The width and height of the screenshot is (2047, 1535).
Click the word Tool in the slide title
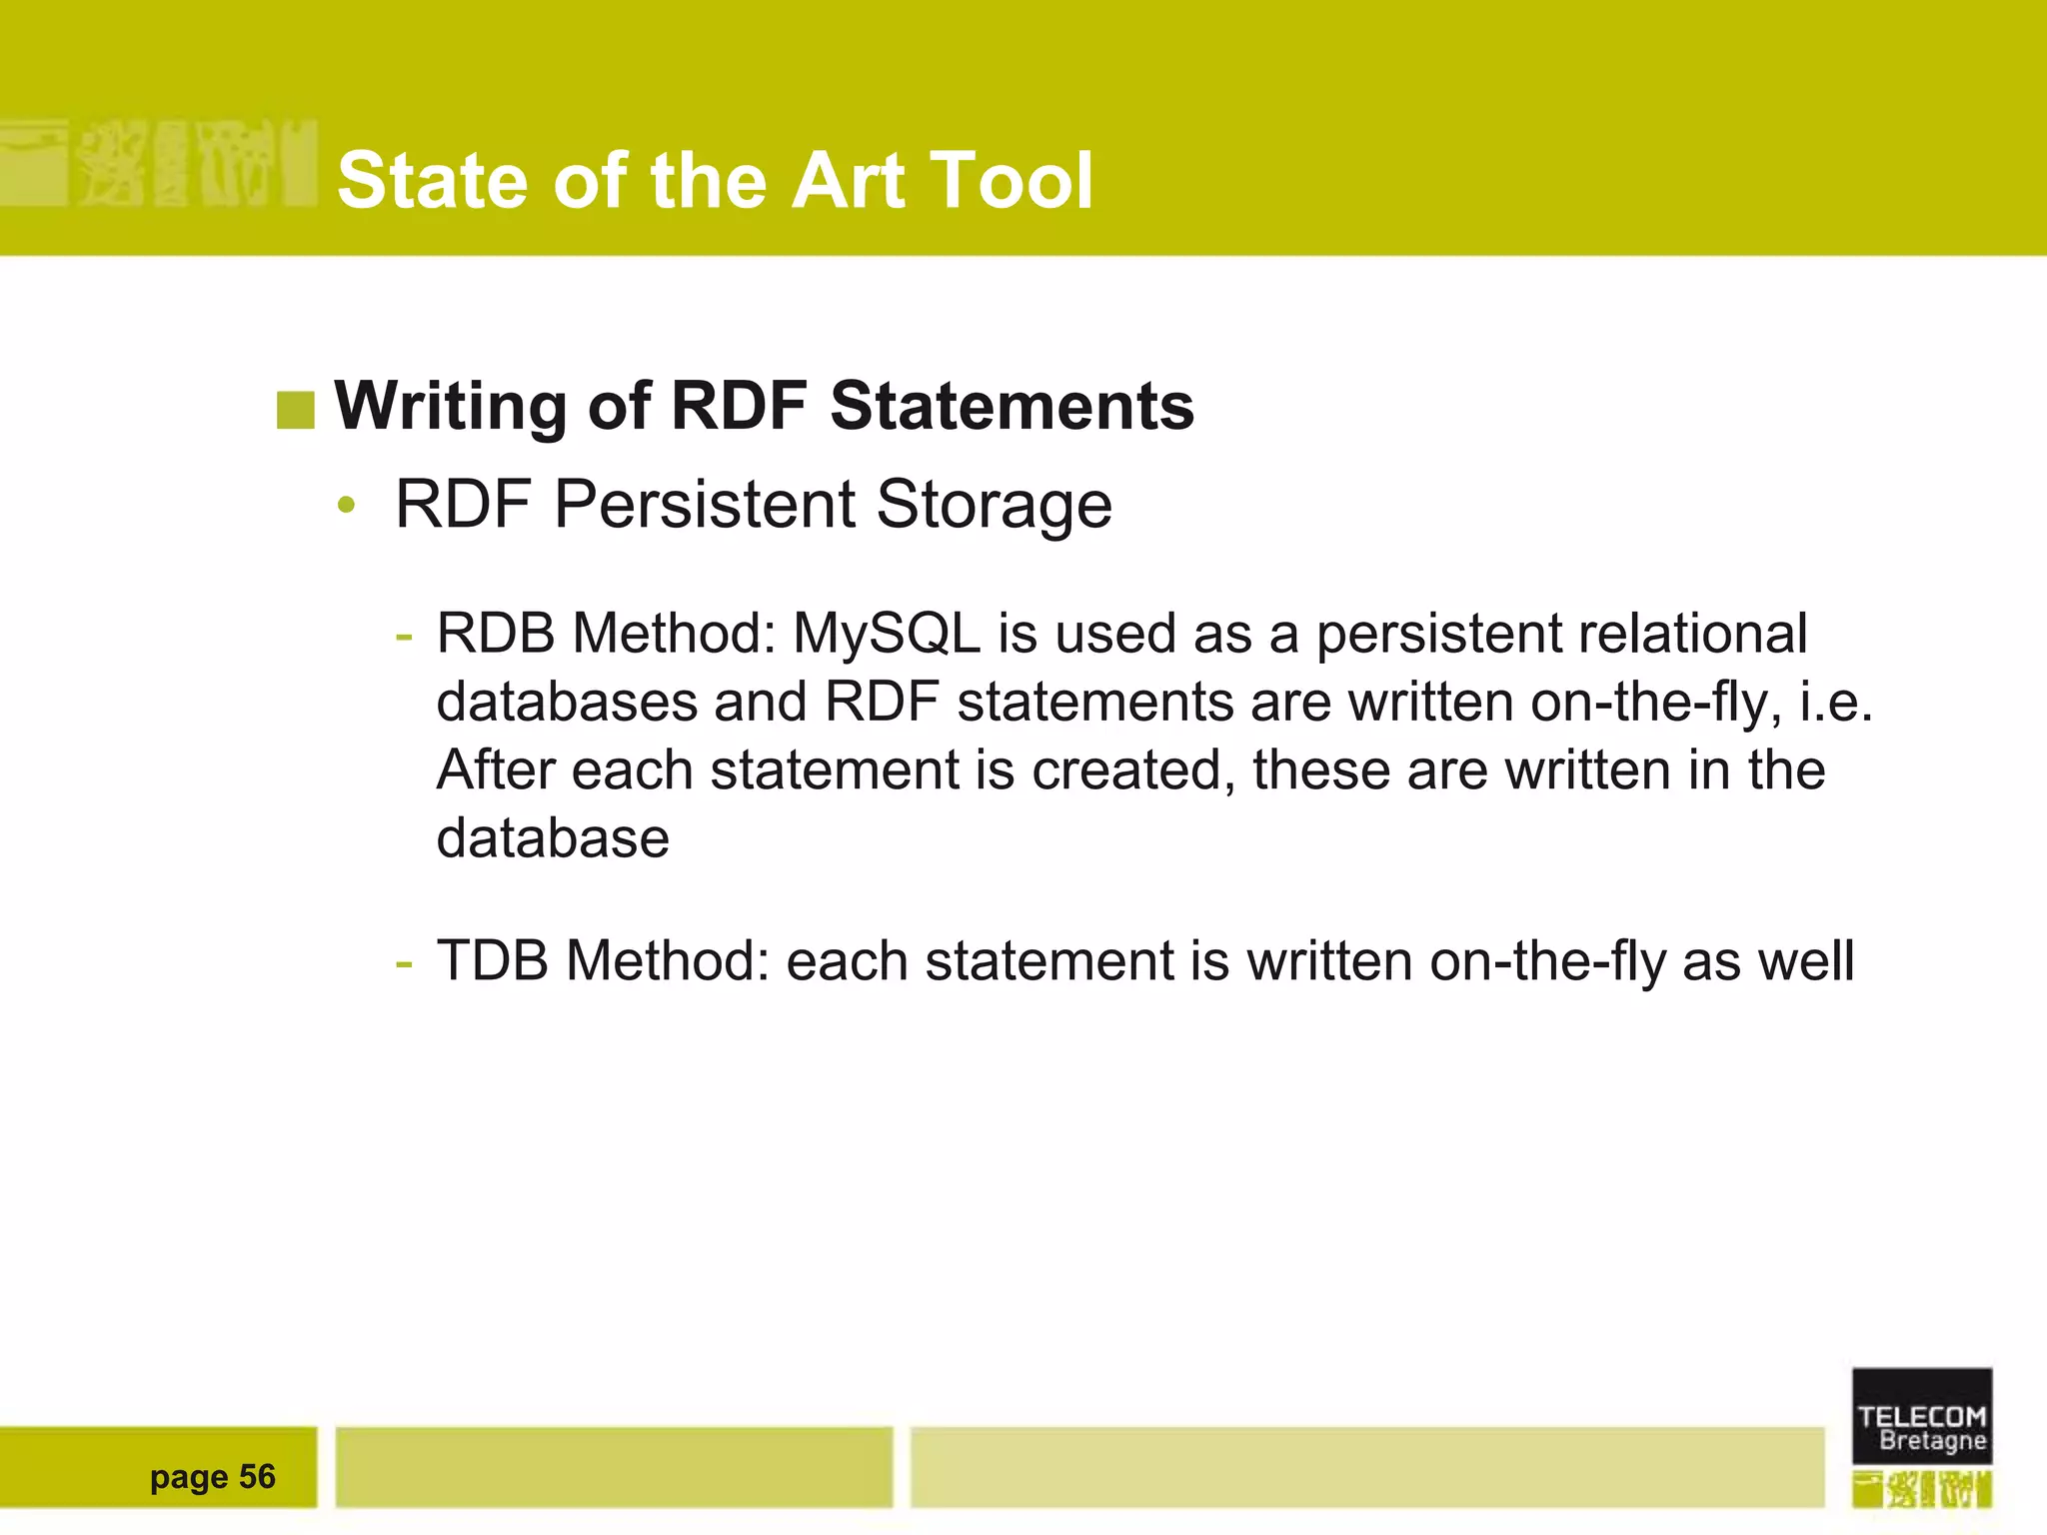[x=1011, y=181]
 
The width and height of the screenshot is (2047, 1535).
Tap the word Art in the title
[x=849, y=181]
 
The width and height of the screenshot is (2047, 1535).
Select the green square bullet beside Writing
[x=295, y=410]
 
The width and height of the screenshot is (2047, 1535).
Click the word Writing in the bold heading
[x=453, y=407]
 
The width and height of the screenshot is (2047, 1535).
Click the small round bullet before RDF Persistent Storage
[x=346, y=506]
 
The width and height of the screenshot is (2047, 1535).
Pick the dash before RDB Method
[x=404, y=636]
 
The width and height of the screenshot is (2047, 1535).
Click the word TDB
[x=493, y=961]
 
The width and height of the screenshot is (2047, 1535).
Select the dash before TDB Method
[x=404, y=963]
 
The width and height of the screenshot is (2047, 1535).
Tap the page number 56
[x=257, y=1477]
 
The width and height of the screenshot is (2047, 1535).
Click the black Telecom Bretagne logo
[x=1921, y=1417]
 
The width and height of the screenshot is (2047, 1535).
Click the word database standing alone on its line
[x=553, y=839]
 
